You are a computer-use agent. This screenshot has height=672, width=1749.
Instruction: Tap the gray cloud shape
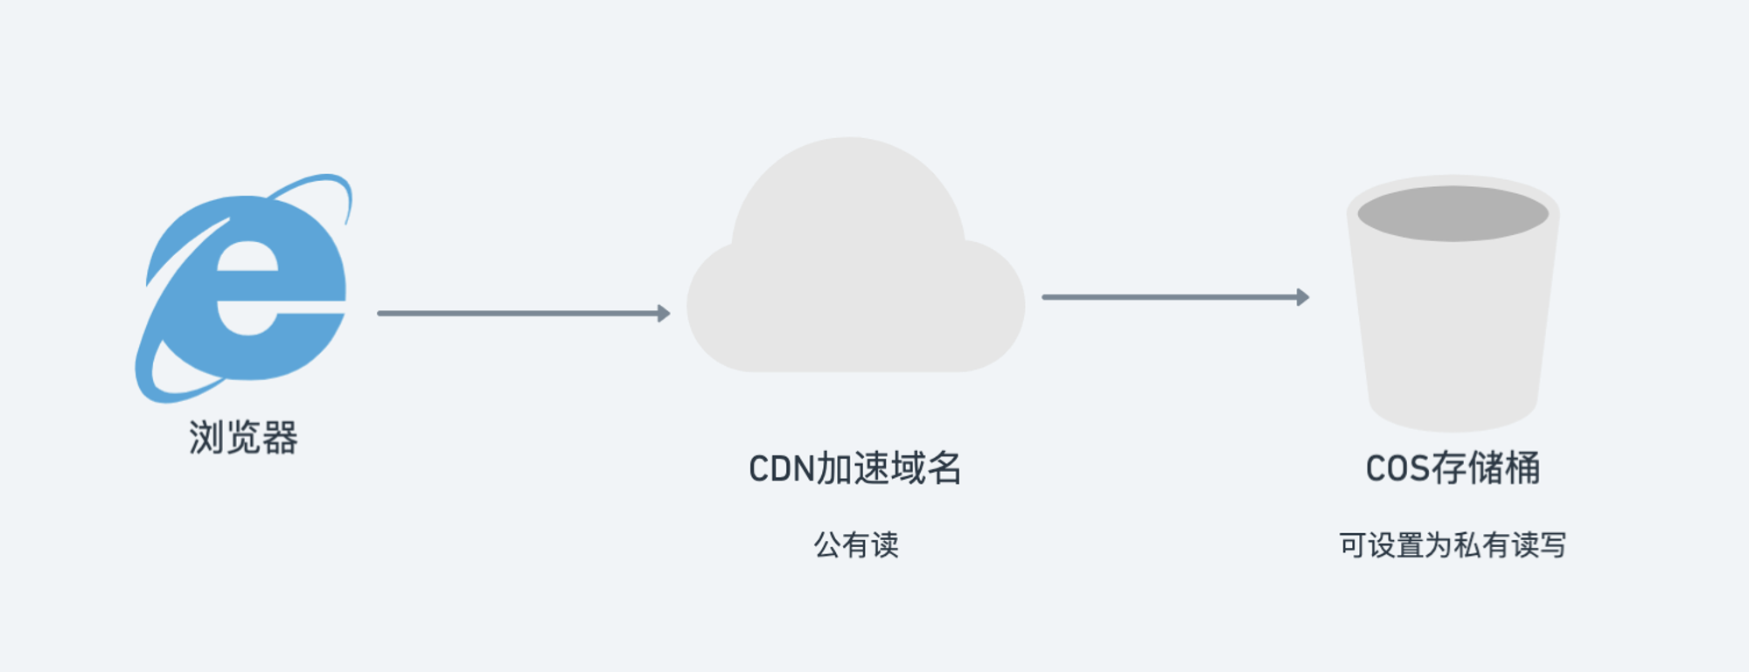855,262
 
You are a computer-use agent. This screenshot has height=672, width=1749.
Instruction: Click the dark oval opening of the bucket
1453,213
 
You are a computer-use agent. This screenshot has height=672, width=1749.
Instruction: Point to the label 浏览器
243,438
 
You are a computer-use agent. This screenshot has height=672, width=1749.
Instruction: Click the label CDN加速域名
855,468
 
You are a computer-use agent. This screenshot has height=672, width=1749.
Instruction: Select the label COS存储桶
1453,468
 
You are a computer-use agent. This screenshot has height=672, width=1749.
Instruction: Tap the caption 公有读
856,545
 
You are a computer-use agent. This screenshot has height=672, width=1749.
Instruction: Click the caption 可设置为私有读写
1453,545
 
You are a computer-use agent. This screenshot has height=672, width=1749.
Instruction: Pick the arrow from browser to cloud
524,313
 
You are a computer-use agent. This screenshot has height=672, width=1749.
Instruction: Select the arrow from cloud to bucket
1175,297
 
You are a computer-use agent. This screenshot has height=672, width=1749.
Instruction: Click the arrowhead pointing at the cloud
664,313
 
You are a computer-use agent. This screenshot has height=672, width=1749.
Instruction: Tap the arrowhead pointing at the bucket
1303,297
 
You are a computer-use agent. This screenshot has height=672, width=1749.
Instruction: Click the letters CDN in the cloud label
782,469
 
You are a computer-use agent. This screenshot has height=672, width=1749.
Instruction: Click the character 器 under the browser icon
280,438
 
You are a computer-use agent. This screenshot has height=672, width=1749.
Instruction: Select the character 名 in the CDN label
944,468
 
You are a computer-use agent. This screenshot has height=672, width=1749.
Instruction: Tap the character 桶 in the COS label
1523,468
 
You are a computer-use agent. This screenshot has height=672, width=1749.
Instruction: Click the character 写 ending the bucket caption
1553,545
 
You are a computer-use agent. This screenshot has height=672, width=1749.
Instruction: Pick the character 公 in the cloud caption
827,545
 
